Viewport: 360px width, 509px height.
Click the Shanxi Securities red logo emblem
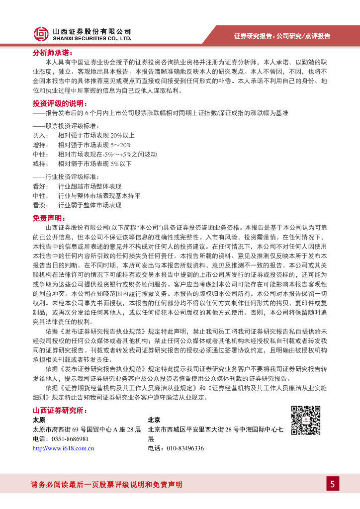[41, 34]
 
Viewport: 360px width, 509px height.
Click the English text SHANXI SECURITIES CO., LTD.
[92, 38]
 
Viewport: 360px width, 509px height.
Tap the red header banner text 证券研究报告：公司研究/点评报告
[282, 36]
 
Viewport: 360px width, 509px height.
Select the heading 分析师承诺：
[52, 52]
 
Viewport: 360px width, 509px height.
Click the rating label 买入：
[41, 135]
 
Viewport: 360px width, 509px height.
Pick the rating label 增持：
[41, 145]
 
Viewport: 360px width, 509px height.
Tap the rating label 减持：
[41, 164]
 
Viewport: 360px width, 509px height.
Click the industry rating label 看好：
[41, 186]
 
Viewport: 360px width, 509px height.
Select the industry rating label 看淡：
[41, 205]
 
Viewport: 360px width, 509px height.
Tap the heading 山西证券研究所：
[60, 410]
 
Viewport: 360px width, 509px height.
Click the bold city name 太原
[39, 420]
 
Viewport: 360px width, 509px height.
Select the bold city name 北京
[154, 420]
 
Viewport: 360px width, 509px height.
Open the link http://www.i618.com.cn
[63, 448]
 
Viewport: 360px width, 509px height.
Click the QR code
[305, 421]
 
